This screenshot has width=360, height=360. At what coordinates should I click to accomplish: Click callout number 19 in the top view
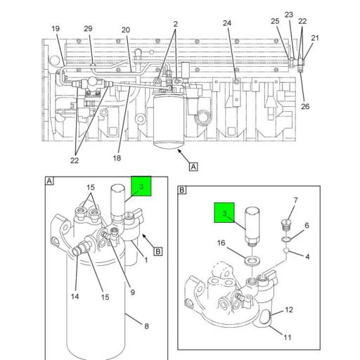pos(55,29)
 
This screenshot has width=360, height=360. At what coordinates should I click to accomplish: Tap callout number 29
pos(88,29)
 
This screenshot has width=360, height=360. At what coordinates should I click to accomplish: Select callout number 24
pos(227,23)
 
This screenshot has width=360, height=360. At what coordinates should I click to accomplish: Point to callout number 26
pos(304,107)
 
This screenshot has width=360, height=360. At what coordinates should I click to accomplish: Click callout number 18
pos(117,158)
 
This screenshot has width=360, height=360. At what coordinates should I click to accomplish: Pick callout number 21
pos(314,38)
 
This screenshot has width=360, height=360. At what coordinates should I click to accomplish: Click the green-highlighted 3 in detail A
pos(141,187)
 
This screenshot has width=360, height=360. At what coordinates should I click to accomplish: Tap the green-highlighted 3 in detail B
pos(224,214)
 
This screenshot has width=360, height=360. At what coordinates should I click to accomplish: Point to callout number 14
pos(75,297)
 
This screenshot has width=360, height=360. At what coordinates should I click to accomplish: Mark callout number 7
pos(295,200)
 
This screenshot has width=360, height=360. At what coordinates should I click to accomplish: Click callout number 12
pos(288,310)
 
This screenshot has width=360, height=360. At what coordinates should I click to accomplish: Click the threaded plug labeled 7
pos(284,227)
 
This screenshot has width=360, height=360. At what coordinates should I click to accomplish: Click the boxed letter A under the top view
pos(193,167)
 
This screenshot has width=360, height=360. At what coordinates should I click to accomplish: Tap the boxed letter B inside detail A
pos(158,251)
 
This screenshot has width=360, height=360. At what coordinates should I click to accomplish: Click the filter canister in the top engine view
pos(169,124)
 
